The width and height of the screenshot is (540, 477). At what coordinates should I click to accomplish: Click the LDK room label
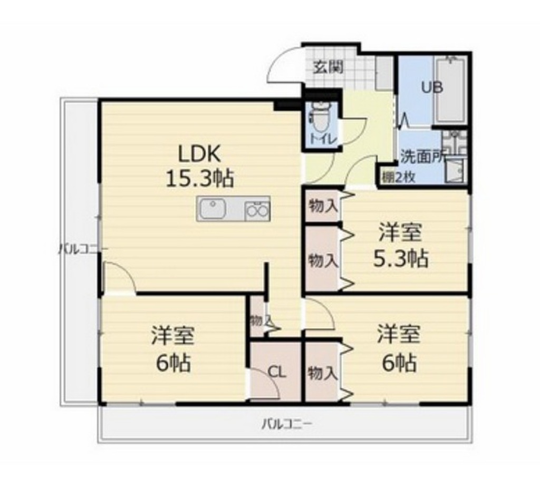pos(198,154)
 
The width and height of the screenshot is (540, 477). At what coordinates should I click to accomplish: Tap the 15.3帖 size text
pos(200,179)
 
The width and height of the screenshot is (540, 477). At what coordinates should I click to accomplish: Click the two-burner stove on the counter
pos(257,210)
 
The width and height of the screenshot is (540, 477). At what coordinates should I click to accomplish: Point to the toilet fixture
pos(319,117)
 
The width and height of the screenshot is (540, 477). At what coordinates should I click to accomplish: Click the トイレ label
pos(320,139)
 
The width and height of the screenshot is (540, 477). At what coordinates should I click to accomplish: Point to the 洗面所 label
pos(421,156)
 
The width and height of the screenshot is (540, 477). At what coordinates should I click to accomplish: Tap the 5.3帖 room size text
pos(400,258)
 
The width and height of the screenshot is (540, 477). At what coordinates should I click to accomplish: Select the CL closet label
pos(277,372)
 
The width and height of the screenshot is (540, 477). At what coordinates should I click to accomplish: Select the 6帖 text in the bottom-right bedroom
pos(399,363)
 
